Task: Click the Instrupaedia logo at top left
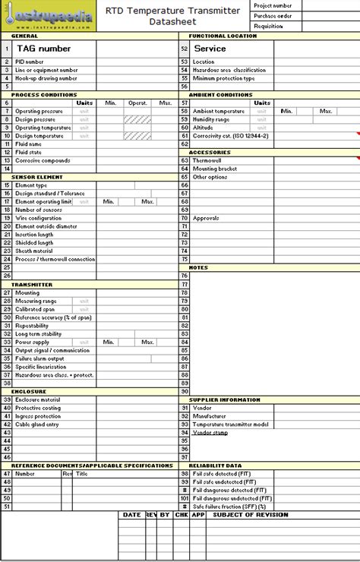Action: click(x=49, y=14)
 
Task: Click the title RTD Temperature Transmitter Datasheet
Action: click(x=172, y=16)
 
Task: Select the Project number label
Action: click(x=273, y=5)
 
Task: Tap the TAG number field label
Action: click(x=44, y=49)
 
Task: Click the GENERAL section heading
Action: click(x=25, y=36)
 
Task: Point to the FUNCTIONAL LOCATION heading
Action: click(x=223, y=36)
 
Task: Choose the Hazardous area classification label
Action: click(x=223, y=70)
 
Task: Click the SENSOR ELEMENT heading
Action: click(x=32, y=177)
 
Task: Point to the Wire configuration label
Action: click(x=39, y=218)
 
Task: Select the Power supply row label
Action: click(x=33, y=342)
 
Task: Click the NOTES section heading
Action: click(x=198, y=267)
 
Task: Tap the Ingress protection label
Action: click(x=38, y=416)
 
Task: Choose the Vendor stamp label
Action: click(x=210, y=432)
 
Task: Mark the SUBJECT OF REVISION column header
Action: click(x=251, y=514)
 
